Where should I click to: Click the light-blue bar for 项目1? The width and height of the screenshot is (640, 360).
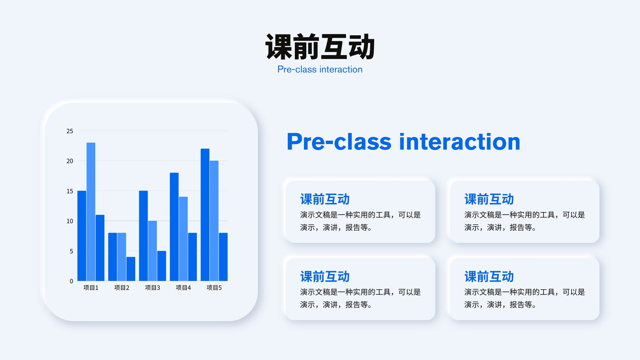point(91,212)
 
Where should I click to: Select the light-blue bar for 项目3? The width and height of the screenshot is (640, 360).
point(152,251)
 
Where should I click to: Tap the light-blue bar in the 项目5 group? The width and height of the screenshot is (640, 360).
point(214,220)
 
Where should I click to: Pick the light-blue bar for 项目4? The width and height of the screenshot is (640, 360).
point(184,239)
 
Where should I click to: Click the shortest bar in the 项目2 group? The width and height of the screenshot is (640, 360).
point(131,269)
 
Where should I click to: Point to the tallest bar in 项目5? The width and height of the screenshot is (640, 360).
point(205,214)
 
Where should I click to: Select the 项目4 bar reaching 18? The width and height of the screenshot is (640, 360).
point(174,227)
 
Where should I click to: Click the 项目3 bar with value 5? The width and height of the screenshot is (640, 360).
point(162,266)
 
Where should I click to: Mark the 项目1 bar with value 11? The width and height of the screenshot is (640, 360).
point(100,248)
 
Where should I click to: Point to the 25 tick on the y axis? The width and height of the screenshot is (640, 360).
point(70,131)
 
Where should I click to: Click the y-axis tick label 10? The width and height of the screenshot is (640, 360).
point(70,221)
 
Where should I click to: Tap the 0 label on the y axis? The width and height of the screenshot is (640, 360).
point(72,281)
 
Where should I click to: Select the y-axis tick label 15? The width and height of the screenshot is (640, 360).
point(70,191)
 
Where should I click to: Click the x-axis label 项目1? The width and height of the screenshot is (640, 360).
point(91,288)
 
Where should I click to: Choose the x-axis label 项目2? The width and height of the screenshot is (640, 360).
point(122,288)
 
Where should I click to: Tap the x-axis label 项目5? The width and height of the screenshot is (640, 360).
point(214,288)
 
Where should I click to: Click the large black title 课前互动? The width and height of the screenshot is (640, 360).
point(320,46)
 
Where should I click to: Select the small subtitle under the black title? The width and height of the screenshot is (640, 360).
point(320,70)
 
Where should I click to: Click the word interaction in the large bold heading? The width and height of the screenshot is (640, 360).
point(460,142)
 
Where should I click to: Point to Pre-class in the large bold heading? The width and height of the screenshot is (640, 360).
point(339,142)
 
